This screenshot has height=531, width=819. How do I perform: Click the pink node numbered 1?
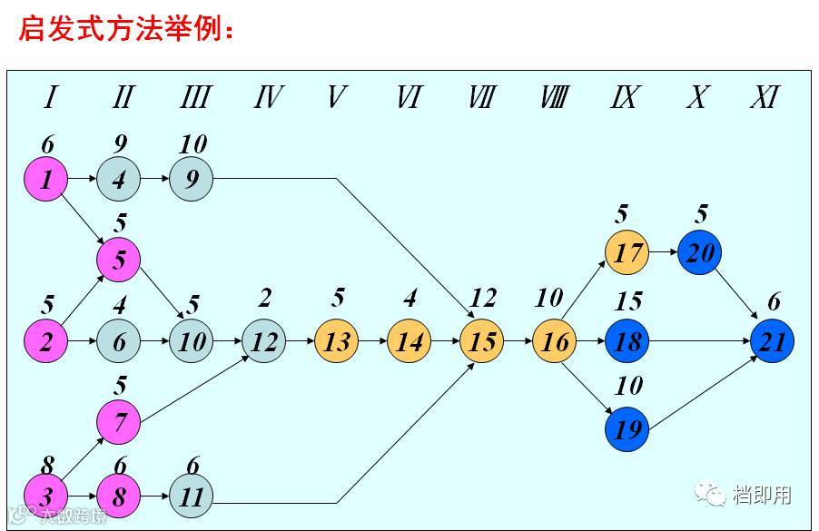pyautogui.click(x=45, y=179)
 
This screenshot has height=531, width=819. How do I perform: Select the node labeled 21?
pyautogui.click(x=773, y=342)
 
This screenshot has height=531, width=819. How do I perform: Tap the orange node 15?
pyautogui.click(x=482, y=342)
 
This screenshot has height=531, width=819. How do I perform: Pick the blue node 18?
pyautogui.click(x=627, y=342)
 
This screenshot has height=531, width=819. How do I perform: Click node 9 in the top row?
pyautogui.click(x=191, y=179)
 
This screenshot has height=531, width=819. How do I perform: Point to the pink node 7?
pyautogui.click(x=119, y=422)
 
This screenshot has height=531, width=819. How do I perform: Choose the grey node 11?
pyautogui.click(x=191, y=497)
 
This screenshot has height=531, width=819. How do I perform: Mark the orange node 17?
pyautogui.click(x=627, y=251)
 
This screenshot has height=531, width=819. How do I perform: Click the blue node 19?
pyautogui.click(x=627, y=428)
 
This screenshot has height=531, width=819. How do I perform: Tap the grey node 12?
pyautogui.click(x=263, y=342)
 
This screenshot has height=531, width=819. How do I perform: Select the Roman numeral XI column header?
pyautogui.click(x=765, y=97)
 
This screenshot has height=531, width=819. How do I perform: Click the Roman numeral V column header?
pyautogui.click(x=336, y=97)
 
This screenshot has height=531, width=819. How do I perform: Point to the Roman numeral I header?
pyautogui.click(x=51, y=97)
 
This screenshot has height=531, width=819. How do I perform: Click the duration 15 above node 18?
pyautogui.click(x=628, y=300)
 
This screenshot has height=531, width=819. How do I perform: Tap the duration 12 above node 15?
pyautogui.click(x=484, y=298)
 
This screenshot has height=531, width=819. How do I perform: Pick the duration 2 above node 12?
pyautogui.click(x=264, y=298)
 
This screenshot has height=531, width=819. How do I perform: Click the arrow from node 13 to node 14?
pyautogui.click(x=372, y=342)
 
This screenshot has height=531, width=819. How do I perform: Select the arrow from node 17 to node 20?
pyautogui.click(x=663, y=252)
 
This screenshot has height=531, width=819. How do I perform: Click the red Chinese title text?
pyautogui.click(x=127, y=30)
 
